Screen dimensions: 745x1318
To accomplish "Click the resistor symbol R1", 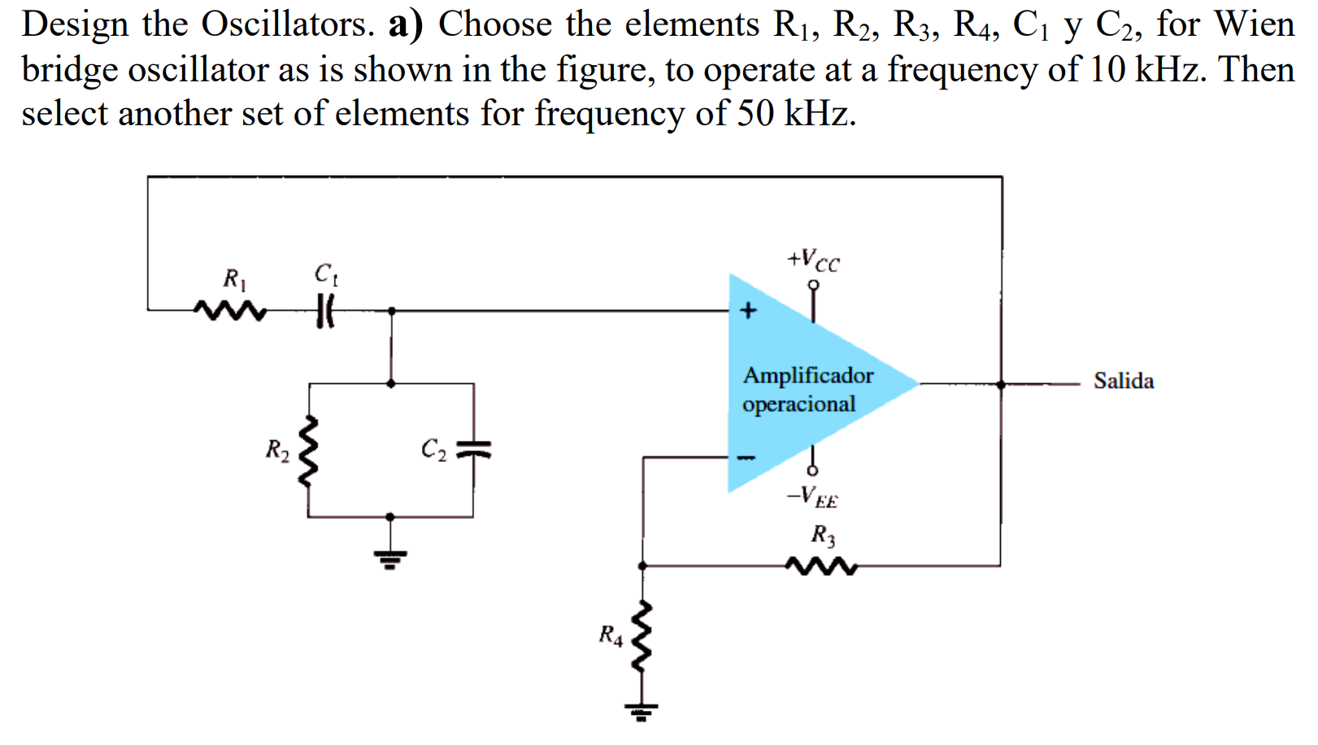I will (x=230, y=311).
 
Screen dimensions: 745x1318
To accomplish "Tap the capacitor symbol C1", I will (x=325, y=311).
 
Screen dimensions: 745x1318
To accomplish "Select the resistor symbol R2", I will (x=308, y=452).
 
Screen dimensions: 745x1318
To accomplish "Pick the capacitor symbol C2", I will (x=473, y=449).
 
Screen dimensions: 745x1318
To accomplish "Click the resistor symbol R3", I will (x=821, y=565).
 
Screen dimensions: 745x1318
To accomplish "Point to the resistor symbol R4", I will (x=642, y=638).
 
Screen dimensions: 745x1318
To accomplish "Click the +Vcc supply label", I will (x=812, y=259).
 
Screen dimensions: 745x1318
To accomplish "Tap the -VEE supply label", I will (x=811, y=496).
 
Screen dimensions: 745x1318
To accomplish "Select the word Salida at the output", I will (x=1123, y=381).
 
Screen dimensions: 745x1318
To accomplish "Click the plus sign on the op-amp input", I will (x=748, y=310).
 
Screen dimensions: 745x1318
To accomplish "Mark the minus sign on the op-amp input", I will (x=746, y=458).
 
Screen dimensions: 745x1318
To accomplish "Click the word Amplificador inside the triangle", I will (x=807, y=375).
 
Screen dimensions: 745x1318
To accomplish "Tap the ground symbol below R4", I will (x=642, y=712).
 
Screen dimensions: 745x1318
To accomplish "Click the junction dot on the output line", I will (x=1001, y=384).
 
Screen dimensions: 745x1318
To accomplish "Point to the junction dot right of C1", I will (x=391, y=311).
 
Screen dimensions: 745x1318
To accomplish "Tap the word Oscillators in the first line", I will (x=288, y=24).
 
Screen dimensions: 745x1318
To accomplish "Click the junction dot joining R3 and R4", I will (x=642, y=565).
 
